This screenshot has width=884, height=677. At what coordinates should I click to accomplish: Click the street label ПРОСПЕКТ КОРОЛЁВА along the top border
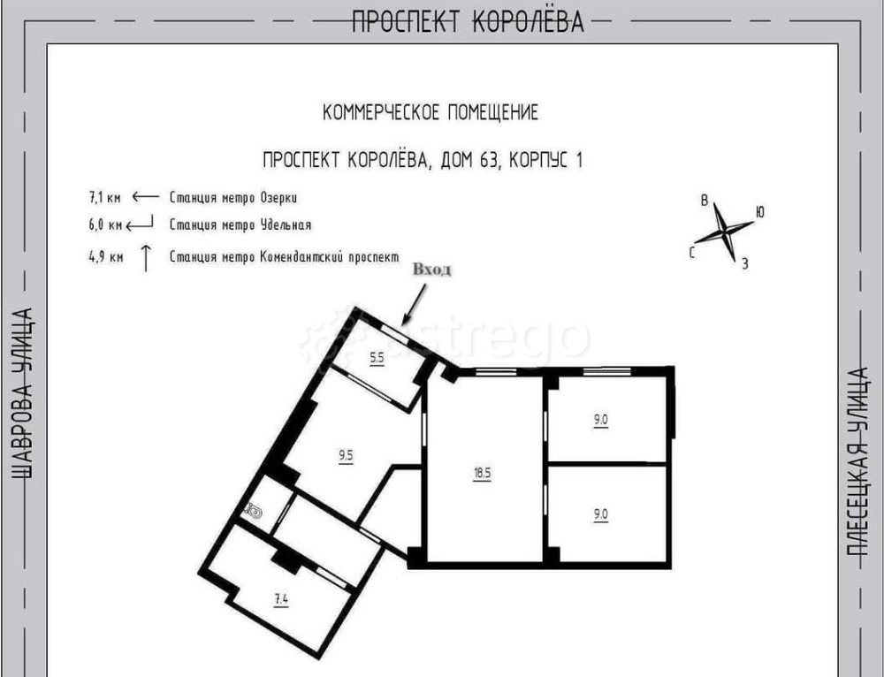pos(468,21)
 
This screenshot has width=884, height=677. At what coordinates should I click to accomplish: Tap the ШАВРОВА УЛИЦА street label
pos(23,393)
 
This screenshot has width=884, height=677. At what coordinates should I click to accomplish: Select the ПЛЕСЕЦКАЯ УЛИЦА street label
pos(858,461)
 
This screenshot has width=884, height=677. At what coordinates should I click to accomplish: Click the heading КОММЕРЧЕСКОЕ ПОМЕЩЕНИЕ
pos(431,113)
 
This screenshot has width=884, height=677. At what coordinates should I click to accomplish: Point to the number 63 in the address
pos(489,161)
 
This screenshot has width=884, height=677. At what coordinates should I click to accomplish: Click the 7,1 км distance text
pos(105,198)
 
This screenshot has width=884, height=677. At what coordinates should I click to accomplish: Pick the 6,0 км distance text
pos(105,224)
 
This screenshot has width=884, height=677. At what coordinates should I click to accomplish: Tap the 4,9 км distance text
pos(105,257)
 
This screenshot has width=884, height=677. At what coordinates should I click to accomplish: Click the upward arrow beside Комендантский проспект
pos(146,258)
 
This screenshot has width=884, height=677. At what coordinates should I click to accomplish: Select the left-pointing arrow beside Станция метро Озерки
pos(146,197)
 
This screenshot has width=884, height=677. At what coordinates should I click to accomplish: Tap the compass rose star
pos(724,231)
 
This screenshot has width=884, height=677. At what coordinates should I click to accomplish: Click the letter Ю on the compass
pos(760,212)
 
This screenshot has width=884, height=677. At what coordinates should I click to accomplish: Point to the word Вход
pos(432,270)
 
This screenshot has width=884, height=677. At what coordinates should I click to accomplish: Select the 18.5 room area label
pos(482,473)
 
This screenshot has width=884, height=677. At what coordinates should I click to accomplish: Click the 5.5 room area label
pos(377,357)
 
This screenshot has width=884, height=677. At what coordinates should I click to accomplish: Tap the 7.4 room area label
pos(281,599)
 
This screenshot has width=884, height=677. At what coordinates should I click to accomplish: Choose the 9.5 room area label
pos(346,455)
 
